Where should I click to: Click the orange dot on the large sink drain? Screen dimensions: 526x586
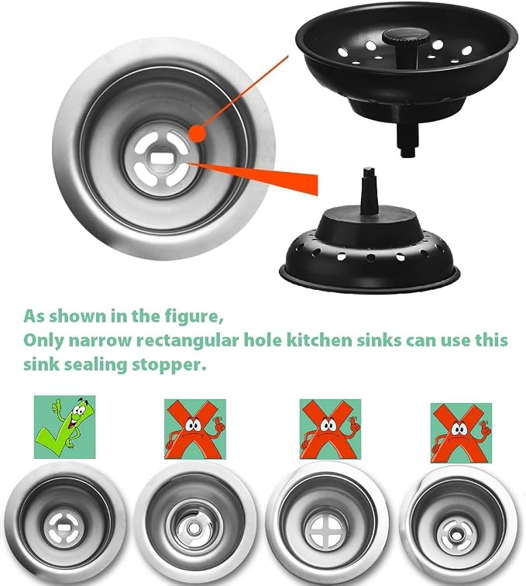[197, 133]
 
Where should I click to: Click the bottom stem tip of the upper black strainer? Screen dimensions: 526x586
[407, 151]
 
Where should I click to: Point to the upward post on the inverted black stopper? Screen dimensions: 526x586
[369, 191]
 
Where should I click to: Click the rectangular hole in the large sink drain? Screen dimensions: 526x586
[161, 157]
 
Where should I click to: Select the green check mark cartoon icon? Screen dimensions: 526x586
[64, 427]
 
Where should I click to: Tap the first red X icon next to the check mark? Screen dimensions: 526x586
[195, 429]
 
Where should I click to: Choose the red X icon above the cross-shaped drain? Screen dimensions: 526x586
[330, 429]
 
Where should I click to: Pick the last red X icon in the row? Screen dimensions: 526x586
[461, 433]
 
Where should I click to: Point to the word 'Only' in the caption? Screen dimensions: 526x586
[43, 341]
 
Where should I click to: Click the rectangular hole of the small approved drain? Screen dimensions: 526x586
[62, 528]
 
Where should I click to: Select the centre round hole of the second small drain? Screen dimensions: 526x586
[193, 529]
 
